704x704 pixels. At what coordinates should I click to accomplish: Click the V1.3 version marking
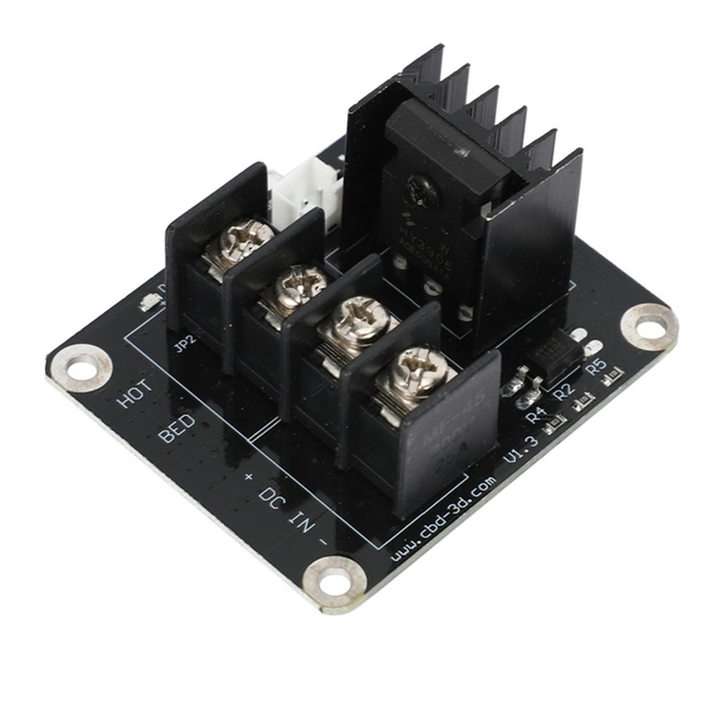(x=522, y=448)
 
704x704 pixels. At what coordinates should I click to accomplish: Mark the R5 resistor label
(x=596, y=365)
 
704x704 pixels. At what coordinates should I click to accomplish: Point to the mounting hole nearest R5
(x=648, y=327)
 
